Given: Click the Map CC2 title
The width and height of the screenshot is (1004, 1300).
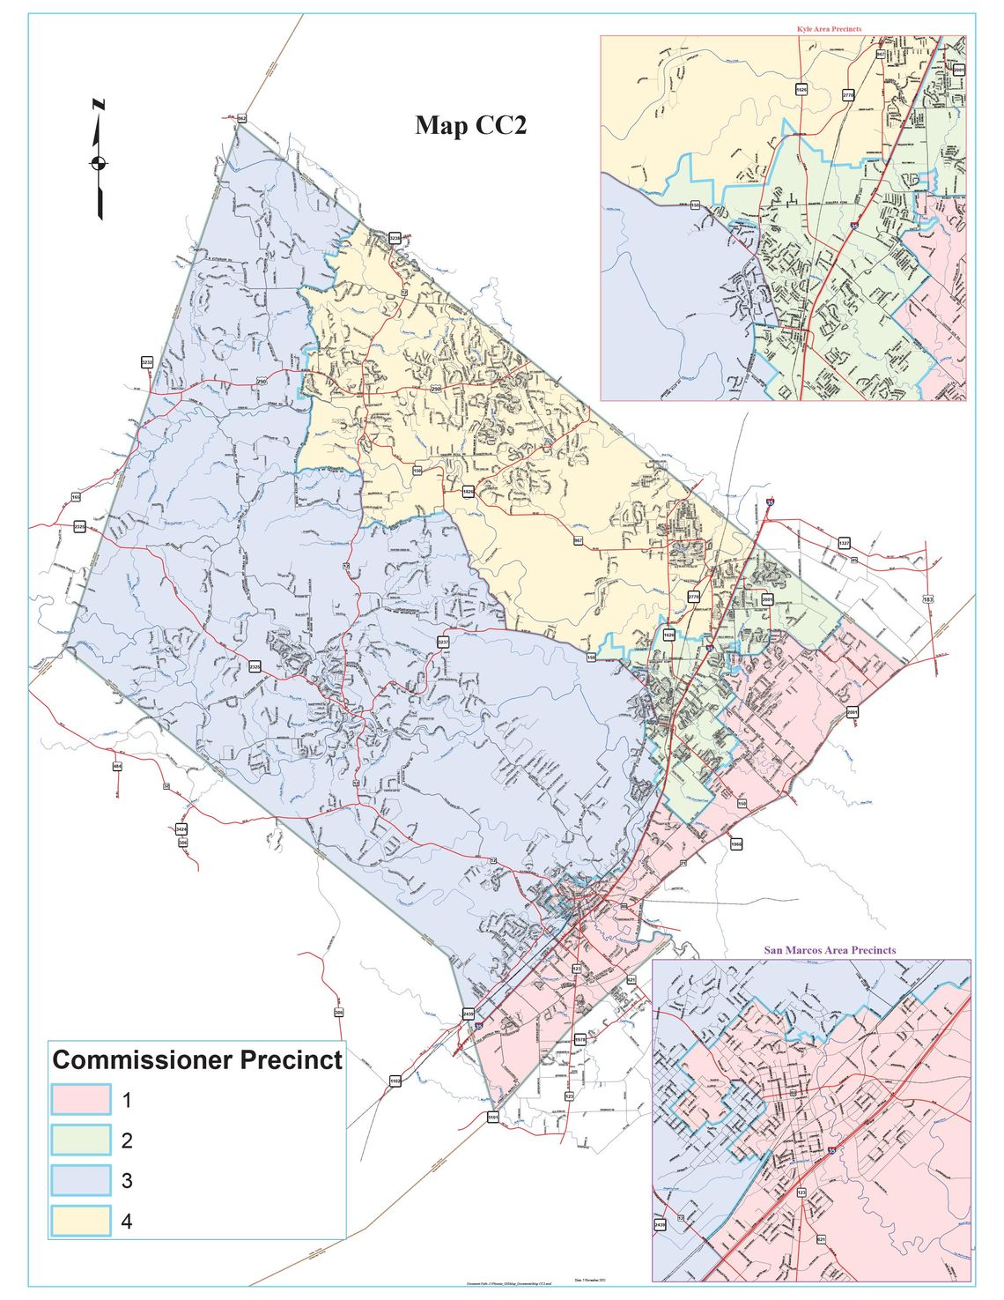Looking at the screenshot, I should pos(470,126).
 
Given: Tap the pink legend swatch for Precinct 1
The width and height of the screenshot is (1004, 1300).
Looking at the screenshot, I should pos(81,1099).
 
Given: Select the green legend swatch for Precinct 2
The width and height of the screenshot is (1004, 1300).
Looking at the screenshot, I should pos(81,1140).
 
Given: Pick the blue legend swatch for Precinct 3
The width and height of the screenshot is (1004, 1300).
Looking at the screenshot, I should pos(81,1180).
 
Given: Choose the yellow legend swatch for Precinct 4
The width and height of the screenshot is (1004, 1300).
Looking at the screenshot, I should pos(81,1221).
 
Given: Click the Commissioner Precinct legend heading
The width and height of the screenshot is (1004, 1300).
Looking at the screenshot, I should pos(197,1059).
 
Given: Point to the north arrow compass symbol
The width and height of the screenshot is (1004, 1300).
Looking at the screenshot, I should pos(98,161).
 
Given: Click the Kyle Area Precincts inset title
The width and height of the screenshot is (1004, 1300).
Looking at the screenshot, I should pos(829,29).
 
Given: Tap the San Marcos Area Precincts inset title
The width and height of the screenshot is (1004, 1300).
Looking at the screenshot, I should pos(829,950).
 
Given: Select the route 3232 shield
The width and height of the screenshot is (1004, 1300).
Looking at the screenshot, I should pos(147,362).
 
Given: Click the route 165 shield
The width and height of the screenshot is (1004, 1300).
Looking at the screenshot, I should pos(76,498).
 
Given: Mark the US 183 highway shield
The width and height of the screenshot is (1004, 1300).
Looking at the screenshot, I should pos(927,599).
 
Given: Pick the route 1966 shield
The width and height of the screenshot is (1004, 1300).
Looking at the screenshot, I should pos(735,844).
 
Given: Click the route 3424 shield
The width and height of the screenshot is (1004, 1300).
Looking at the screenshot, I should pos(181,829).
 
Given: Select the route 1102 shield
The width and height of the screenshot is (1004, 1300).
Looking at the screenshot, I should pos(395,1081).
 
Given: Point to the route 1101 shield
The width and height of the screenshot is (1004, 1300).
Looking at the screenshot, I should pos(493,1118).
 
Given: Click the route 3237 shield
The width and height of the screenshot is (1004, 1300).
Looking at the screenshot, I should pos(443,643).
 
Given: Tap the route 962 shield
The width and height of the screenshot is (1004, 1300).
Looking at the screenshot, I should pos(241,118).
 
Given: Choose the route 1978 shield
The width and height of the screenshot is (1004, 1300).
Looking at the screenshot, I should pos(580,1040).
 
